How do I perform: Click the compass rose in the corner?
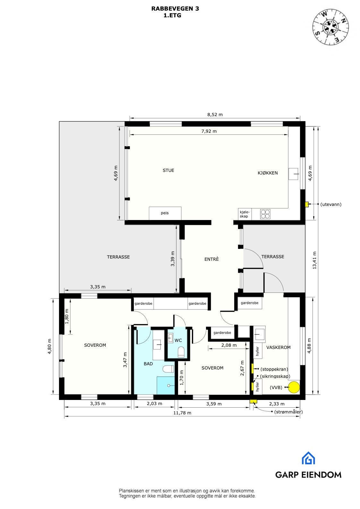tap(331, 27)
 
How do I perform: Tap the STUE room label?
tap(168, 171)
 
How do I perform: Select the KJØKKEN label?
tap(268, 173)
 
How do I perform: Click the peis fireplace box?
tap(165, 213)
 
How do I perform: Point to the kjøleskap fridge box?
tap(244, 214)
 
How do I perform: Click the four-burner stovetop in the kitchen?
tap(265, 214)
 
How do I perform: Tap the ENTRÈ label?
tap(211, 259)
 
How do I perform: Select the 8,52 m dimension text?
tap(215, 115)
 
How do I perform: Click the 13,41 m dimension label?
tap(314, 260)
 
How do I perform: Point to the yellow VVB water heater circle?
tap(293, 387)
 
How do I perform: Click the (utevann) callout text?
tap(331, 204)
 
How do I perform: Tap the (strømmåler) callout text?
tap(288, 412)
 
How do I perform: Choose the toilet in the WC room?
tap(181, 351)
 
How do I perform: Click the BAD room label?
tap(148, 364)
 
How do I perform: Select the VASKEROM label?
tap(278, 347)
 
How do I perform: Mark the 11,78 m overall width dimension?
tap(182, 413)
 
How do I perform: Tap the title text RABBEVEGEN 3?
tap(175, 9)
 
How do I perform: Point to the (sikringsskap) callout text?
tap(275, 376)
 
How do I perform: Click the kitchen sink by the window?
tap(293, 174)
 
